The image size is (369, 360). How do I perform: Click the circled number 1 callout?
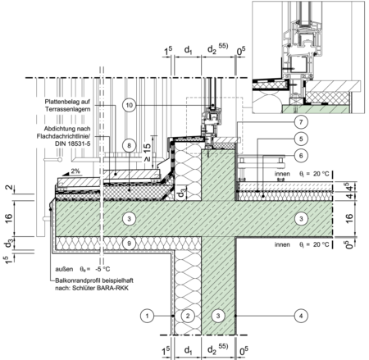pyautogui.click(x=147, y=316)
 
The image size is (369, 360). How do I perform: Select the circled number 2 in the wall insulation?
pyautogui.click(x=188, y=316)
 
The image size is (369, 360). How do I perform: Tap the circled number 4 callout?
pyautogui.click(x=301, y=316)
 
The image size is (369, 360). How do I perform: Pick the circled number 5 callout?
pyautogui.click(x=301, y=139)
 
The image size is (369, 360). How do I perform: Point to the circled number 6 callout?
pyautogui.click(x=301, y=156)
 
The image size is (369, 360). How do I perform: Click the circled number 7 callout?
pyautogui.click(x=301, y=122)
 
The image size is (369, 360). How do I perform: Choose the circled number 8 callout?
pyautogui.click(x=129, y=145)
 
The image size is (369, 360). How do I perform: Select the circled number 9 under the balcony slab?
pyautogui.click(x=129, y=243)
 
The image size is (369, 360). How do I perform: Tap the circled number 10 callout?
pyautogui.click(x=129, y=105)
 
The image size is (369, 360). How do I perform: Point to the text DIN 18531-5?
pyautogui.click(x=73, y=144)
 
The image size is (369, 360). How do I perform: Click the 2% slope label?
pyautogui.click(x=75, y=171)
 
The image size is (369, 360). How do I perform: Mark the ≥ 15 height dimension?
pyautogui.click(x=147, y=152)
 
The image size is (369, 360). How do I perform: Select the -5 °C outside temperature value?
pyautogui.click(x=102, y=269)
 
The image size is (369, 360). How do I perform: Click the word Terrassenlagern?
pyautogui.click(x=68, y=109)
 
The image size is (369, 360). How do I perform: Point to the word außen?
pyautogui.click(x=64, y=269)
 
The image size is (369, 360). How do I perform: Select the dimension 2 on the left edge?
pyautogui.click(x=9, y=187)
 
